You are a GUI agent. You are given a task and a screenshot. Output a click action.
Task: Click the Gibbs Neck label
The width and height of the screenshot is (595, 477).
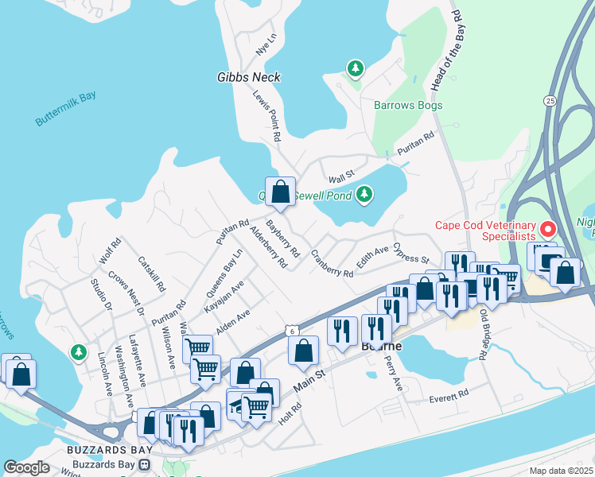[248, 78]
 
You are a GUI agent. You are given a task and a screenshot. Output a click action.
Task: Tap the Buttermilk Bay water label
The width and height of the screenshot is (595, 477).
[65, 109]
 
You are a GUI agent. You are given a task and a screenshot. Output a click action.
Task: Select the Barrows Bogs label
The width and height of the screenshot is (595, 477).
[408, 105]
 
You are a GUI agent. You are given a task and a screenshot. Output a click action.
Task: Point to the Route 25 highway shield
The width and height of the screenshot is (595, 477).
[550, 100]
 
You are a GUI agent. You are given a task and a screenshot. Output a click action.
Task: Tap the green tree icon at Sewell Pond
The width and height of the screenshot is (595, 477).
[364, 193]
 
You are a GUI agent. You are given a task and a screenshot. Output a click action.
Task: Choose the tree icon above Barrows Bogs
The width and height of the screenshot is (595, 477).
[355, 69]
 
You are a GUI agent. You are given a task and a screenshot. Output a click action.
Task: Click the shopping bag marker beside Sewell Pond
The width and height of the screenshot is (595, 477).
[280, 192]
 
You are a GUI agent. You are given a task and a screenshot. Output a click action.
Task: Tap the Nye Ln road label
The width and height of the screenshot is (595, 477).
[264, 45]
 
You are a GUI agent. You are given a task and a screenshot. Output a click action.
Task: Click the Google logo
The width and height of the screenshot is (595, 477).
[27, 467]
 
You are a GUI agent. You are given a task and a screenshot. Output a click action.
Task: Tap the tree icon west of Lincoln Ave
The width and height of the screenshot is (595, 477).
[78, 351]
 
